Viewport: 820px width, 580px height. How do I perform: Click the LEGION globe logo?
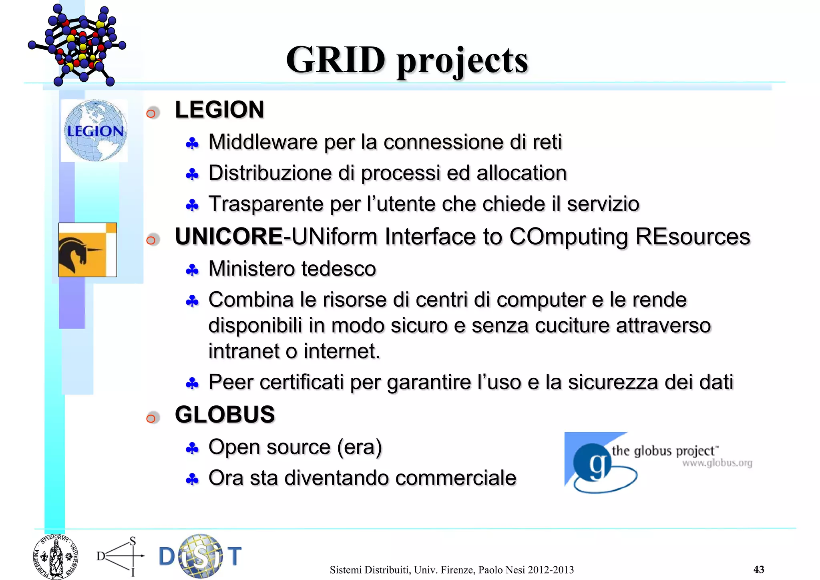click(95, 131)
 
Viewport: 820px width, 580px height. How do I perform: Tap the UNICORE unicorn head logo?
click(87, 250)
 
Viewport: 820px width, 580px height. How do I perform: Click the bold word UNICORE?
click(229, 236)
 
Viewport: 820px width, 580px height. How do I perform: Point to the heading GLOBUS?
click(225, 414)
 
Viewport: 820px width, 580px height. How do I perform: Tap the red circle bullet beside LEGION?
click(151, 114)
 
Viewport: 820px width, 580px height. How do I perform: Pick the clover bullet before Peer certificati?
click(192, 384)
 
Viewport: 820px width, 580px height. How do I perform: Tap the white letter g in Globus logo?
click(597, 465)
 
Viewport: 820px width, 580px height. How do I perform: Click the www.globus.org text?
click(717, 463)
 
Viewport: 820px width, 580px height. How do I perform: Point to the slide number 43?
click(758, 569)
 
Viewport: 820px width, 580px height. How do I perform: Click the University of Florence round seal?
click(55, 557)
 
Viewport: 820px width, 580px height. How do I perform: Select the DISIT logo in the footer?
click(200, 556)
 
